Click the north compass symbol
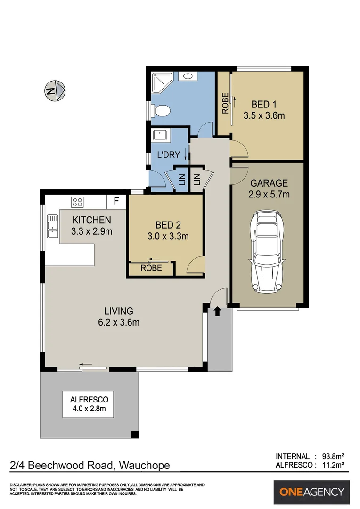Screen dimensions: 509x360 [55, 90]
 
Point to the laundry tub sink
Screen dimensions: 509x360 [161, 135]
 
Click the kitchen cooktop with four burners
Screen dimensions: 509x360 [77, 203]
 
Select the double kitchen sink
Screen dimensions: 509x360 [52, 227]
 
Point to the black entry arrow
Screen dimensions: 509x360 [217, 311]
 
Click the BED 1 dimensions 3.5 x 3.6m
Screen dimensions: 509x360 [264, 115]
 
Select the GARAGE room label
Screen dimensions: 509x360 [269, 183]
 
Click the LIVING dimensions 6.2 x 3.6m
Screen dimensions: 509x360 [119, 323]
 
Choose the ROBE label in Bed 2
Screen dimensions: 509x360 [151, 268]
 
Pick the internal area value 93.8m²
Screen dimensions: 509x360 [332, 456]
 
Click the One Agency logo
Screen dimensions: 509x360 [312, 492]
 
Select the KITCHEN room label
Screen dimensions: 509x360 [91, 220]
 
